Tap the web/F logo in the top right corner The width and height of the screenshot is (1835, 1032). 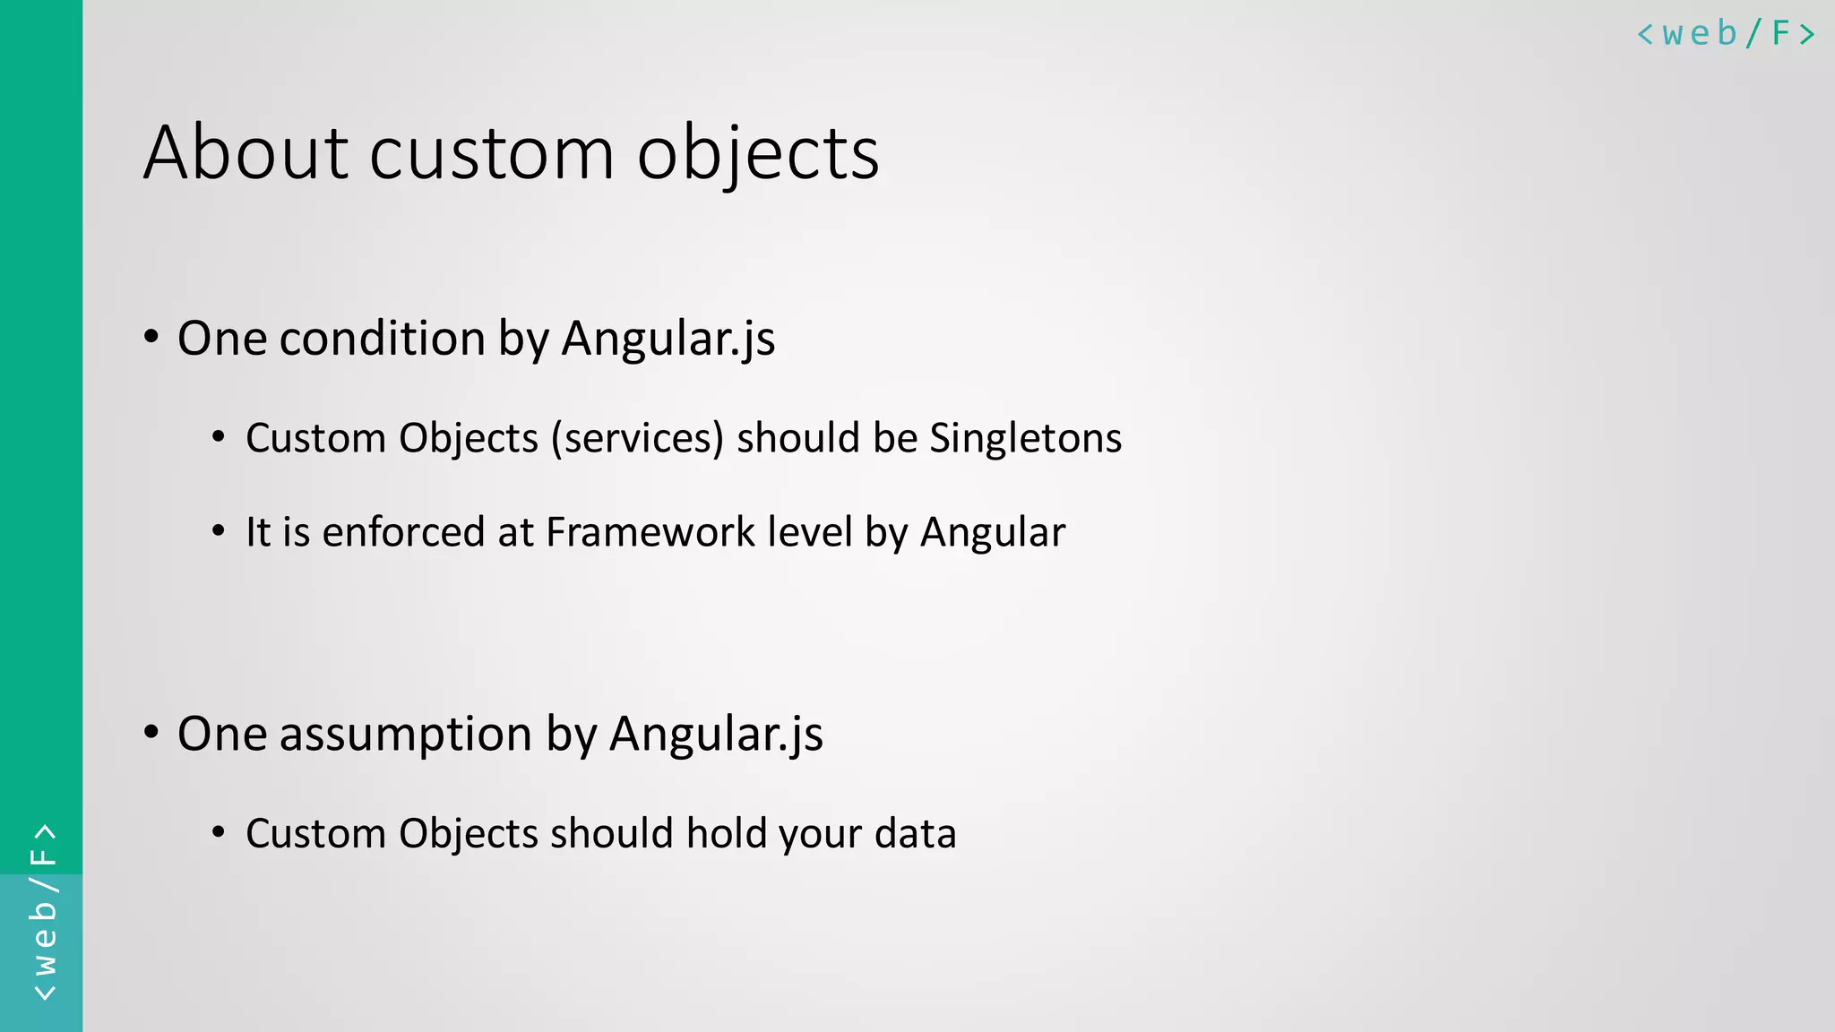click(x=1726, y=34)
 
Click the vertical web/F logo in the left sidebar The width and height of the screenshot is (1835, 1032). click(x=43, y=912)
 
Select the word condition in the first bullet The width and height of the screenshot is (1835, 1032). click(x=382, y=339)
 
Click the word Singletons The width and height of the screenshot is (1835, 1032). click(x=1025, y=438)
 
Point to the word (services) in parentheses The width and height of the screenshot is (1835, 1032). click(x=637, y=439)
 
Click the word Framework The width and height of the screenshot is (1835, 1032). click(x=650, y=532)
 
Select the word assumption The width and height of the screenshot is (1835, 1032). click(x=406, y=735)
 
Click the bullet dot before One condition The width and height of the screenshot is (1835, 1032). click(x=151, y=338)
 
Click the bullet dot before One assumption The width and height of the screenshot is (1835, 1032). click(x=151, y=733)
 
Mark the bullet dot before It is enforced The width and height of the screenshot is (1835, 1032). click(x=219, y=531)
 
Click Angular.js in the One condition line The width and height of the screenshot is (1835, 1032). click(x=668, y=339)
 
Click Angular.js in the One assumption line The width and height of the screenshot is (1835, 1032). click(x=715, y=735)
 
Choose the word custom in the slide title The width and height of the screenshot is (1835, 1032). click(x=491, y=154)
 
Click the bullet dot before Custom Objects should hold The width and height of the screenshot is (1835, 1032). click(x=219, y=832)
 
